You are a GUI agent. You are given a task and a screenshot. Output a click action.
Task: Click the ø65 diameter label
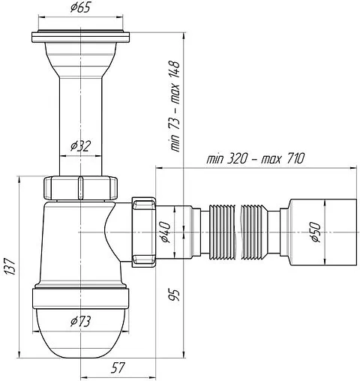click(80, 7)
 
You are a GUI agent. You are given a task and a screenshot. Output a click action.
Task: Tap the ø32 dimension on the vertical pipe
click(80, 146)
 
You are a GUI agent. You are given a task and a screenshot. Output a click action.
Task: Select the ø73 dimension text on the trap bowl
click(80, 322)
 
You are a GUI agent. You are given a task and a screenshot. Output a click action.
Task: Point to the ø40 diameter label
click(166, 232)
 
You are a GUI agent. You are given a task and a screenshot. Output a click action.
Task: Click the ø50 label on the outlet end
click(315, 232)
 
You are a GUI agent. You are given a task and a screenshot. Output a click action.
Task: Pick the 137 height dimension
click(10, 267)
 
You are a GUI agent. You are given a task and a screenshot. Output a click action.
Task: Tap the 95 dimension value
click(174, 295)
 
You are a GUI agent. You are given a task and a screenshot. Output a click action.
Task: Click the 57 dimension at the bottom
click(118, 368)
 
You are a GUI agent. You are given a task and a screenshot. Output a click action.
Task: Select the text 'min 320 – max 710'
click(255, 158)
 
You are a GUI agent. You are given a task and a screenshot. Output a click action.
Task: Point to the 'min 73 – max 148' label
click(175, 106)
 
